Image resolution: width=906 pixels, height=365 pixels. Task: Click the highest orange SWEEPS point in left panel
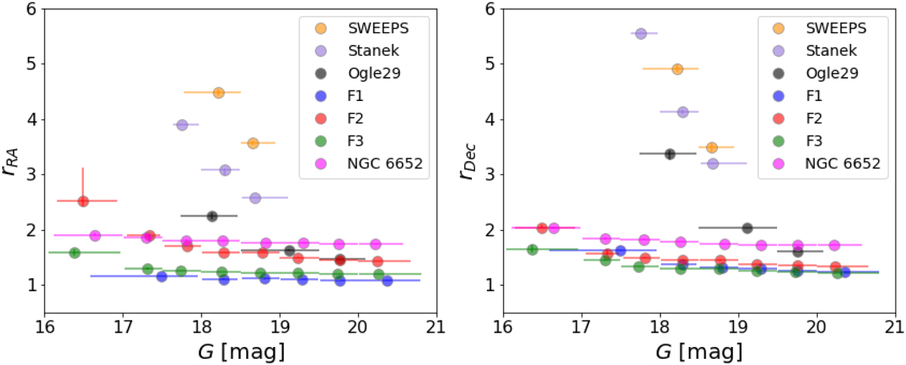(x=218, y=93)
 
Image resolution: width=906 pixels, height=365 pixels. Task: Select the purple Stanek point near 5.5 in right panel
(x=641, y=33)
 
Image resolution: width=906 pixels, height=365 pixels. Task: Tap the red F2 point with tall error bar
(x=83, y=201)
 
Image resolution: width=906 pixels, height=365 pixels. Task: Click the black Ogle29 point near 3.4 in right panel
(x=669, y=154)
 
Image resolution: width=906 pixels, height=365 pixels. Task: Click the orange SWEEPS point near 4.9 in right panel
(x=677, y=69)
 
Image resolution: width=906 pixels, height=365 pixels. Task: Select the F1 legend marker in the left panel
(x=320, y=96)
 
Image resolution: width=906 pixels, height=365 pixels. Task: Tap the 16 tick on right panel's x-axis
(x=504, y=328)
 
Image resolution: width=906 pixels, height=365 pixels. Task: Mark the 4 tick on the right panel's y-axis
(x=492, y=119)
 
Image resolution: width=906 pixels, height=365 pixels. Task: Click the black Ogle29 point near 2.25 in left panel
(x=212, y=216)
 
